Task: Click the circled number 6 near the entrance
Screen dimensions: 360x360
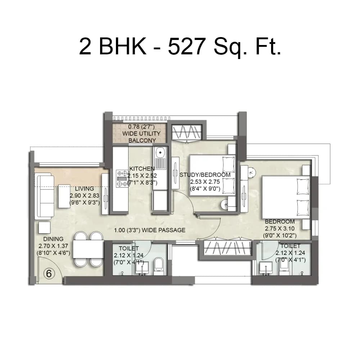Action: (49, 273)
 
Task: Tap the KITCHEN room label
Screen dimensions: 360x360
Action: (142, 168)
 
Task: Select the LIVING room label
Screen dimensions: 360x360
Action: (84, 188)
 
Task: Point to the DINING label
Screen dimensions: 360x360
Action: (53, 239)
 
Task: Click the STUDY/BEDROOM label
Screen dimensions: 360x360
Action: (205, 175)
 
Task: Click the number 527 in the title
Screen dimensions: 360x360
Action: (185, 47)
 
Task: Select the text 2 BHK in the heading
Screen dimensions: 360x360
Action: (113, 47)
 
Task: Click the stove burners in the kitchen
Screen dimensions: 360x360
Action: (122, 178)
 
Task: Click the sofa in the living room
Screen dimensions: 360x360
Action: (44, 195)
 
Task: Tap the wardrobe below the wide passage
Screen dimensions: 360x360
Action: (227, 248)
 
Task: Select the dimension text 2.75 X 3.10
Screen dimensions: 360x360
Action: (279, 228)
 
